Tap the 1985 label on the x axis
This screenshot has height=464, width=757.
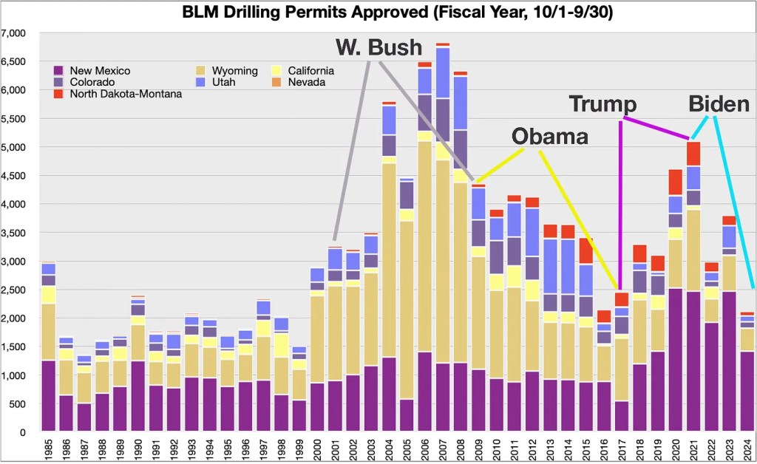pyautogui.click(x=50, y=448)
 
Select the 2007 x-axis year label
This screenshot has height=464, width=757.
pyautogui.click(x=443, y=448)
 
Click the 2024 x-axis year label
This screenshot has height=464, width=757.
pyautogui.click(x=747, y=448)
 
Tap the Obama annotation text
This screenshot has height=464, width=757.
pyautogui.click(x=551, y=136)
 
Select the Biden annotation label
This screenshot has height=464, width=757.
pyautogui.click(x=719, y=103)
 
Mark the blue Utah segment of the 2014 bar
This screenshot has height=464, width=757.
pyautogui.click(x=568, y=266)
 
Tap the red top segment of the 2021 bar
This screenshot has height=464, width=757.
pyautogui.click(x=693, y=154)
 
